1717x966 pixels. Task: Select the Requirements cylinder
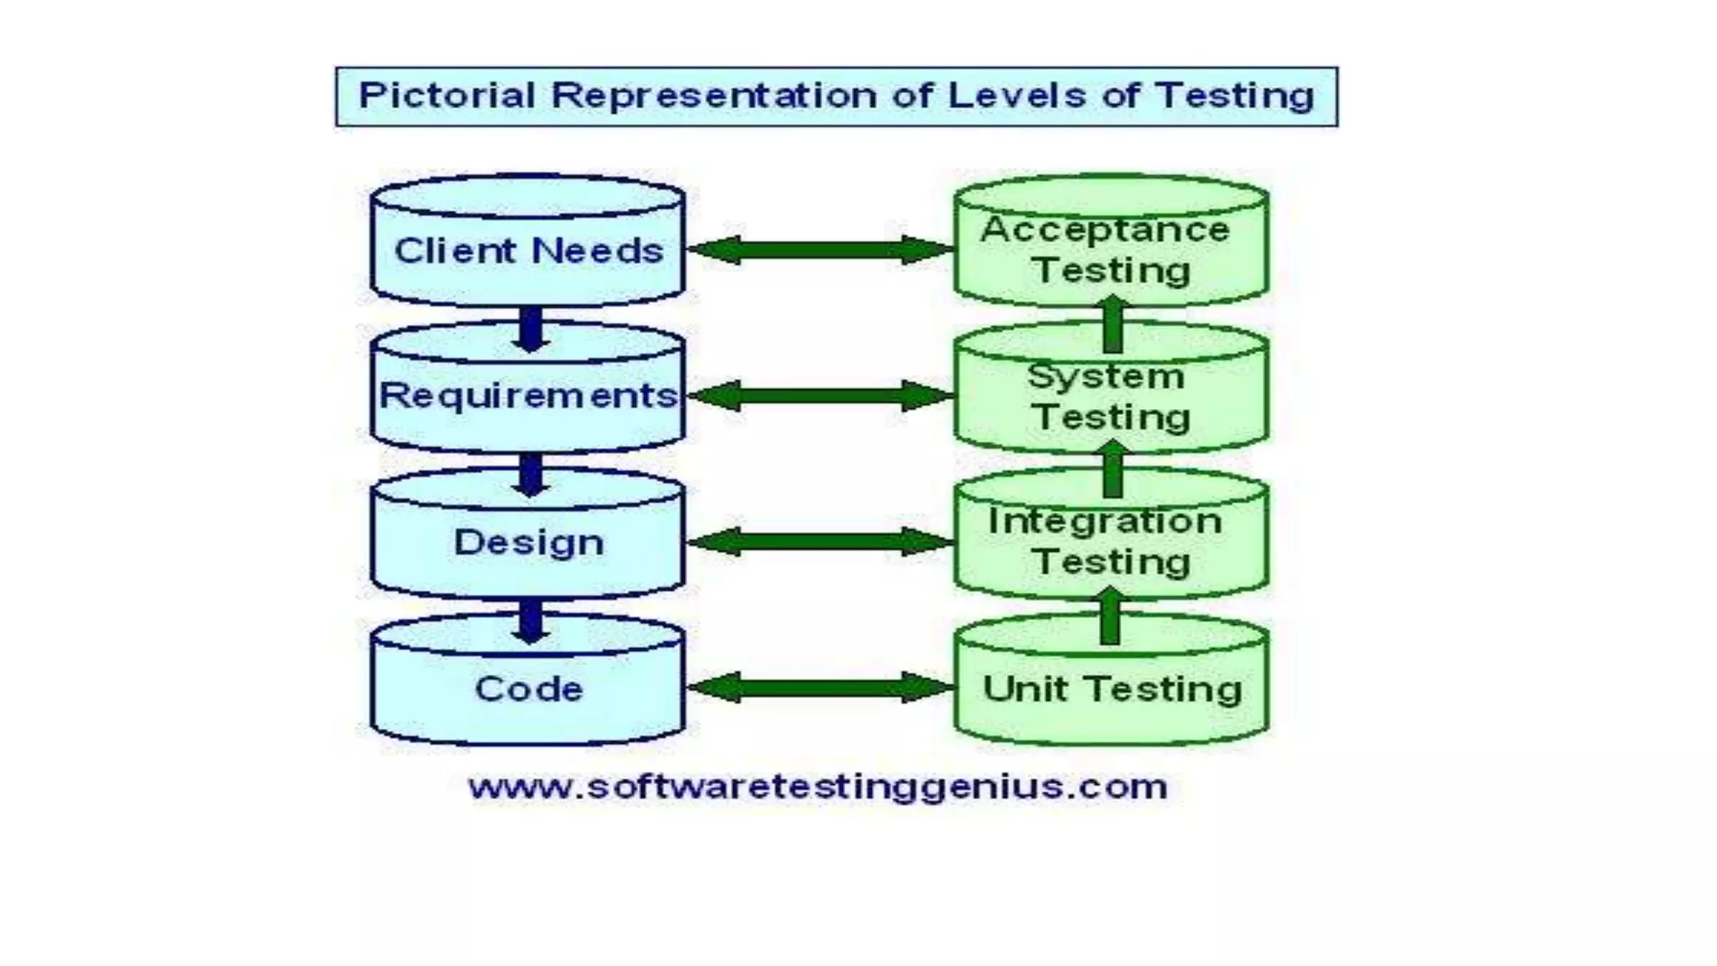(x=528, y=395)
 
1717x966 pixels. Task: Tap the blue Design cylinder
(x=528, y=542)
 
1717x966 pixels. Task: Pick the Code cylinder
(x=528, y=689)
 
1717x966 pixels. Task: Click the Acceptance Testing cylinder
(x=1111, y=250)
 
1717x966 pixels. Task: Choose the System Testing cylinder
(x=1111, y=397)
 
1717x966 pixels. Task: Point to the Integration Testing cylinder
(x=1111, y=542)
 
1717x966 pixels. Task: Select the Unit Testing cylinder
(x=1111, y=689)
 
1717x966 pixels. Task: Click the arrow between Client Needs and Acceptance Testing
(x=820, y=250)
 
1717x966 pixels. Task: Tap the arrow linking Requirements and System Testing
(x=820, y=396)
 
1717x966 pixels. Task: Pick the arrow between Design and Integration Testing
(x=820, y=542)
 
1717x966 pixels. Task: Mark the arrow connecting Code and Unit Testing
(x=820, y=688)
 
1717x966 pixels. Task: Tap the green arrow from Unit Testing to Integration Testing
(x=1111, y=616)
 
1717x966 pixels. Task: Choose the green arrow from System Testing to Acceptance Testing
(x=1113, y=324)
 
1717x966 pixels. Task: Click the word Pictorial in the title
(x=447, y=96)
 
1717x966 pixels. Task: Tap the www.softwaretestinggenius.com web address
(x=818, y=787)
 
